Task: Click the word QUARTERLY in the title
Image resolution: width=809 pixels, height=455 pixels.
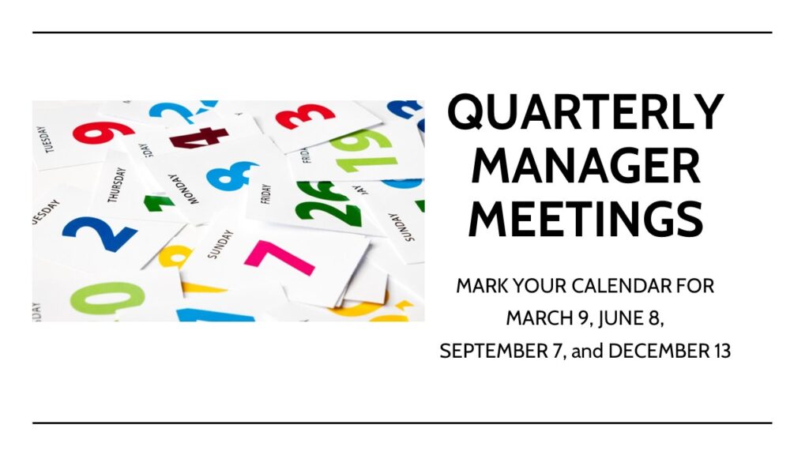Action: pos(585,112)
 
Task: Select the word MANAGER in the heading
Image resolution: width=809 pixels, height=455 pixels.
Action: pos(585,165)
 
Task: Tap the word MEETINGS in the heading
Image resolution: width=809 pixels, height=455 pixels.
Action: pos(585,219)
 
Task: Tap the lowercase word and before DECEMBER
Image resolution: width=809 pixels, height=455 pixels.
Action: pos(587,352)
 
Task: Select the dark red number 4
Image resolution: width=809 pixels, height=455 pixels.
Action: pos(198,137)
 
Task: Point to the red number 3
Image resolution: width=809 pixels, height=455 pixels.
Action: pos(304,116)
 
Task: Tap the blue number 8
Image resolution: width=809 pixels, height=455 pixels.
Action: pos(231,175)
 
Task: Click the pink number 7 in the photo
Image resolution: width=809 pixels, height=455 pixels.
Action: pos(281,258)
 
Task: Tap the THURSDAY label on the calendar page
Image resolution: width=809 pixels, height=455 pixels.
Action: pos(116,185)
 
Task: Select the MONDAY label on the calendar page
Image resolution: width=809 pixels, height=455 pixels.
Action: pos(183,190)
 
